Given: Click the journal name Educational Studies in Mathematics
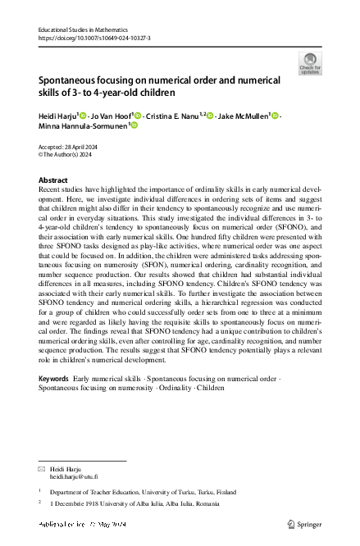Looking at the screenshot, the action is point(85,30).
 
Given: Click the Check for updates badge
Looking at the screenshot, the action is point(311,63).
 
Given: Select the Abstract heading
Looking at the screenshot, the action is point(54,179).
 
